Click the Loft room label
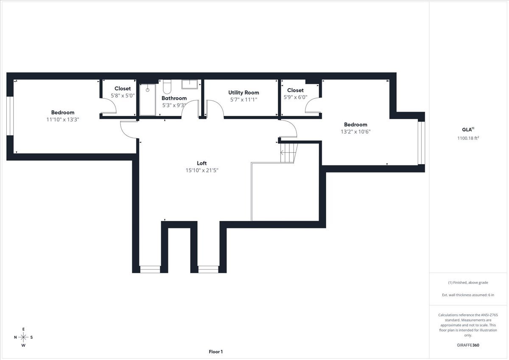click(201, 163)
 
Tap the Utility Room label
click(243, 92)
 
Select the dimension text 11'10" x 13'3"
click(63, 120)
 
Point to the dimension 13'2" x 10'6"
click(355, 131)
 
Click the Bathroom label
click(174, 98)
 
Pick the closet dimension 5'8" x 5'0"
click(123, 95)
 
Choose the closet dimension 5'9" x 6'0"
click(295, 97)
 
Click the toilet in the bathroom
click(167, 87)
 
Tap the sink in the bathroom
click(190, 84)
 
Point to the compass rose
click(23, 337)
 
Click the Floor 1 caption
click(215, 352)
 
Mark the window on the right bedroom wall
click(421, 143)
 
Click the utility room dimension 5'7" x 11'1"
click(243, 100)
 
